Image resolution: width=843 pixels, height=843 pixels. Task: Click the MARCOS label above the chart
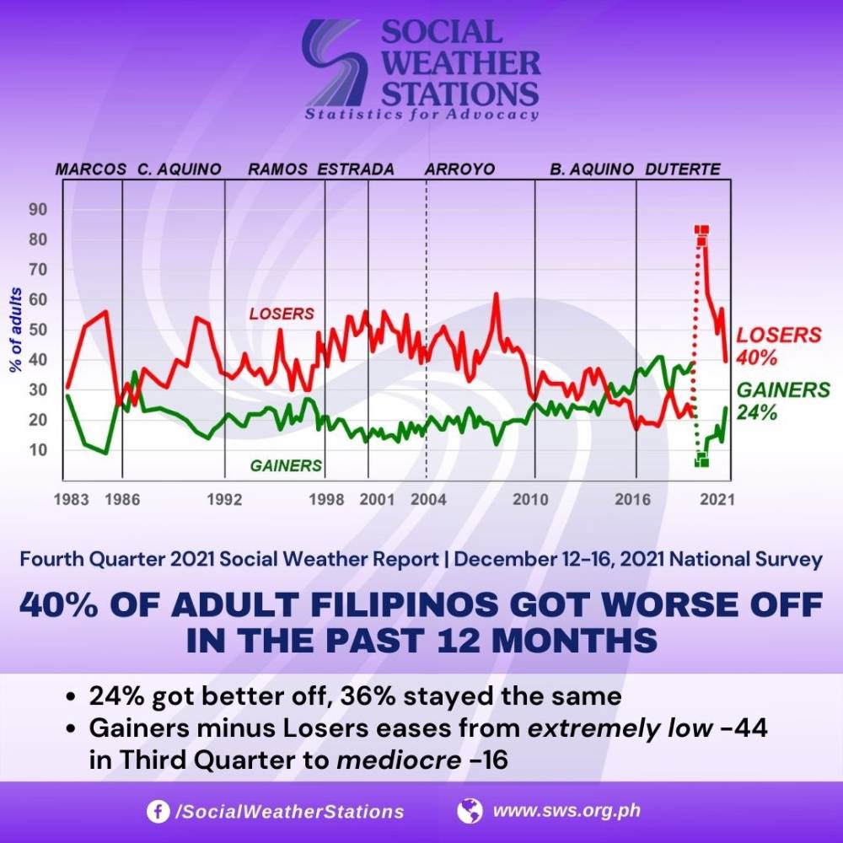[x=91, y=169]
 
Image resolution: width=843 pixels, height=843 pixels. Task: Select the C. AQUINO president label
[x=180, y=169]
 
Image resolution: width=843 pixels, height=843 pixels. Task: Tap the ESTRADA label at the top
[x=356, y=169]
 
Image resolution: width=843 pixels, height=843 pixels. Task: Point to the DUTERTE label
[x=683, y=169]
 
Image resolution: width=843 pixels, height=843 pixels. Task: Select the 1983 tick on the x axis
[x=71, y=499]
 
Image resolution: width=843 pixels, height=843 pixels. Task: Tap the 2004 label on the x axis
[x=428, y=499]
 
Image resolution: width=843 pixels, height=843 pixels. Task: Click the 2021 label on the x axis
[x=717, y=499]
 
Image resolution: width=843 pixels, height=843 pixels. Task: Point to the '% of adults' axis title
[x=15, y=330]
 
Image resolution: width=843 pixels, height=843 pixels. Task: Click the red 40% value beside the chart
[x=757, y=357]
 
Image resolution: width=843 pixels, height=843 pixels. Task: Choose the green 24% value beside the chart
[x=757, y=413]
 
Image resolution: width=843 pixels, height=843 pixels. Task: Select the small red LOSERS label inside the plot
[x=282, y=314]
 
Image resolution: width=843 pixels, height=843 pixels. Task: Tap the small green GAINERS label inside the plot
[x=286, y=464]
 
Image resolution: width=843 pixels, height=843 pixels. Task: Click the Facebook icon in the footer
[x=156, y=811]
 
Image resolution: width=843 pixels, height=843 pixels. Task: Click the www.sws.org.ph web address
[x=566, y=811]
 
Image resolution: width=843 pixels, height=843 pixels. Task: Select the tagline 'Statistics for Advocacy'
[x=421, y=115]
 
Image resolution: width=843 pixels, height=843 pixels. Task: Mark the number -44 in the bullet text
[x=744, y=728]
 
